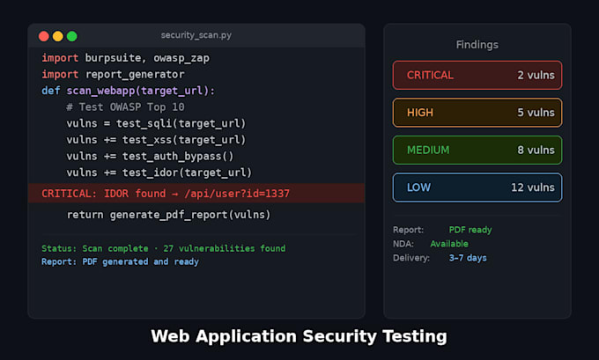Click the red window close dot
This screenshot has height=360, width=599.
(x=44, y=36)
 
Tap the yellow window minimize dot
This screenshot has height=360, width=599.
(x=58, y=36)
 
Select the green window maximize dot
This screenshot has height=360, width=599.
(x=72, y=36)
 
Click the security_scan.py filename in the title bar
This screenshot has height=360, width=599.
(x=196, y=35)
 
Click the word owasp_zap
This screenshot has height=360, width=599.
(x=181, y=58)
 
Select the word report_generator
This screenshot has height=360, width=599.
(x=135, y=75)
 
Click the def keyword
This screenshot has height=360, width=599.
(x=51, y=91)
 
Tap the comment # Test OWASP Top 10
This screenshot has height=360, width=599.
(x=125, y=107)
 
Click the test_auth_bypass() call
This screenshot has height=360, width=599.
(x=178, y=156)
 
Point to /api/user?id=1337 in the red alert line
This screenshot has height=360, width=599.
(x=237, y=194)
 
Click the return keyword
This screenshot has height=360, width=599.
(x=85, y=215)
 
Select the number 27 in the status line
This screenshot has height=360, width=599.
(x=168, y=248)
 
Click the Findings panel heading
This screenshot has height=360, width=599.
(x=477, y=45)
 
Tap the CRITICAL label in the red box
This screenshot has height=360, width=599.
(x=430, y=75)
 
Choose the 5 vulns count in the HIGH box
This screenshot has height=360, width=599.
(x=536, y=113)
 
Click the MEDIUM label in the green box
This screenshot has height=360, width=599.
(x=428, y=150)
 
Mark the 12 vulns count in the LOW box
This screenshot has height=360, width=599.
(x=533, y=187)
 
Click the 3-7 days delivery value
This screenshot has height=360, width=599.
(x=468, y=258)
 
